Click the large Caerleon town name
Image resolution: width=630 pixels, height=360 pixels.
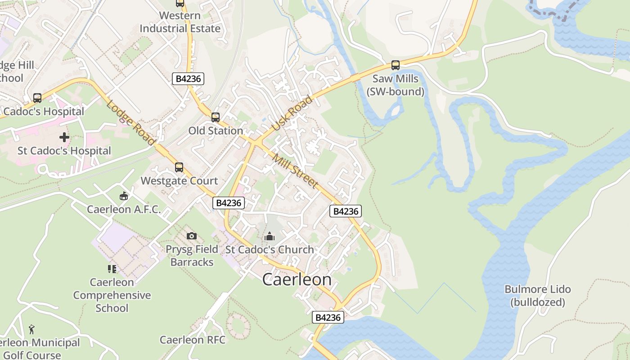point(297,279)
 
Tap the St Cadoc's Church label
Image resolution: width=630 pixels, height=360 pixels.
point(270,250)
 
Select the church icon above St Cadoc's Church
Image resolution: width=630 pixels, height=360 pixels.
point(270,236)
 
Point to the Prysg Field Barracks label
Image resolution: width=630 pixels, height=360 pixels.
point(192,256)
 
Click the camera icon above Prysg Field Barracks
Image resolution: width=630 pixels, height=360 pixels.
point(192,236)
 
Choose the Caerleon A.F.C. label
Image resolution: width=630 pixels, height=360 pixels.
point(124,209)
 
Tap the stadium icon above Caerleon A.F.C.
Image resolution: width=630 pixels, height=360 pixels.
point(124,196)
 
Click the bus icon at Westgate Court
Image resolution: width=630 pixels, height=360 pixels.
point(179,167)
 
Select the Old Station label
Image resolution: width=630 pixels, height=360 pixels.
point(216,131)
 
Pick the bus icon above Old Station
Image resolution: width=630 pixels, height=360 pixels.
point(216,117)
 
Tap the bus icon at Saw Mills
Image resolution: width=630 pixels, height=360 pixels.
point(396,65)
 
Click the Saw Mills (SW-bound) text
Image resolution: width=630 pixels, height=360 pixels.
point(396,85)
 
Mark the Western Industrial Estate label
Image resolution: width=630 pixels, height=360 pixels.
point(180,22)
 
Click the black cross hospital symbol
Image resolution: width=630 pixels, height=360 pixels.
point(64,137)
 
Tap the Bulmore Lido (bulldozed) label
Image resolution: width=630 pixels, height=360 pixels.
point(538,296)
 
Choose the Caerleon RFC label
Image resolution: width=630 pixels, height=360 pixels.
point(193,340)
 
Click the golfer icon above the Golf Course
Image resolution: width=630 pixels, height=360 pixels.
point(31,329)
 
